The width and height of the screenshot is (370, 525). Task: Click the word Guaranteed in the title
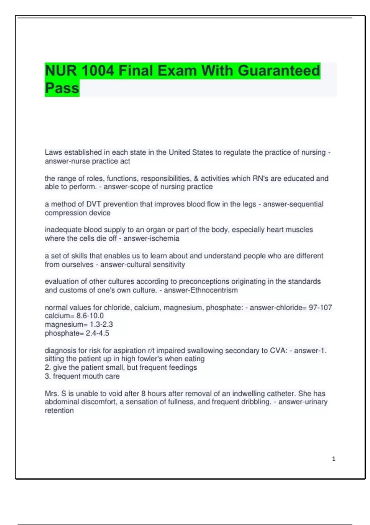coord(279,71)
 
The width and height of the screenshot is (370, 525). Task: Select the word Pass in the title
coord(62,88)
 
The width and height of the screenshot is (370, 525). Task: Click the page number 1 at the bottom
coord(334,459)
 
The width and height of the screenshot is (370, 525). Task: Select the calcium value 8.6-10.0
coord(90,316)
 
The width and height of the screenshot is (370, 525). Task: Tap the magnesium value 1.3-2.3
coord(101,325)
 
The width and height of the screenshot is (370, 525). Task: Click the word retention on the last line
coord(59,411)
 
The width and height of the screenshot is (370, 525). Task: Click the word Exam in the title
coord(177,71)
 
